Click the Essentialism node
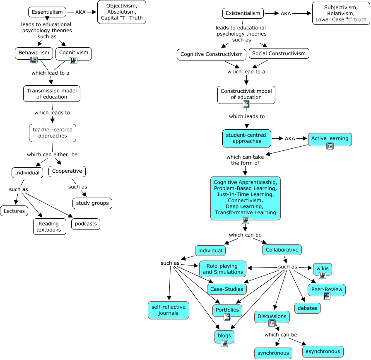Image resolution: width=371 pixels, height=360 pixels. (47, 12)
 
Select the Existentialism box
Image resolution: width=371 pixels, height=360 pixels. (243, 13)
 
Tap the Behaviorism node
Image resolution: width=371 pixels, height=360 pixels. (34, 53)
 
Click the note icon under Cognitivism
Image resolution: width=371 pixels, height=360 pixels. (74, 60)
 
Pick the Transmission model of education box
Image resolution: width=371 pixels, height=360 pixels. (52, 94)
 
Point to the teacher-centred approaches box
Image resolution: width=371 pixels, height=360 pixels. (53, 133)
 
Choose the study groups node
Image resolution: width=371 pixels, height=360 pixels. (92, 203)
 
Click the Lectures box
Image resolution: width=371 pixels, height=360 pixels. (14, 211)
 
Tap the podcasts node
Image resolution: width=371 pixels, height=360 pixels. (86, 224)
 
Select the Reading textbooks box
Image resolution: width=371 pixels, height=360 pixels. (49, 227)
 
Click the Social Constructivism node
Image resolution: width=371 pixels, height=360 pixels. (279, 53)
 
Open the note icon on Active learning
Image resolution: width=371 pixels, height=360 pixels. (330, 146)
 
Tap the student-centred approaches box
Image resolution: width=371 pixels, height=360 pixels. (247, 138)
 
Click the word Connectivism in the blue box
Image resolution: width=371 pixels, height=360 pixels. (245, 200)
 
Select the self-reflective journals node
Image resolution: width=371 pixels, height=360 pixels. (168, 310)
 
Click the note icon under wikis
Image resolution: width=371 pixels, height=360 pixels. (323, 275)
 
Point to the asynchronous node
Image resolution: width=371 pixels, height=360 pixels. (323, 351)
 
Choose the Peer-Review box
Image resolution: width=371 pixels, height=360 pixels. (327, 289)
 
